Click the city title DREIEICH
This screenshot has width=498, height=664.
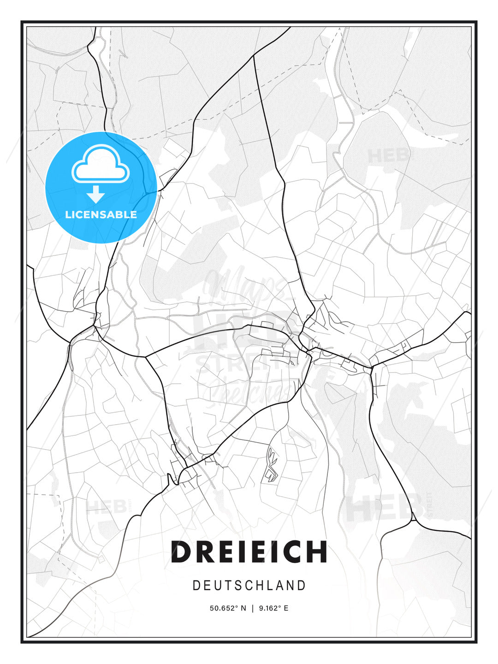249,551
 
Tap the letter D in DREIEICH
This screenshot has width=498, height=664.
181,551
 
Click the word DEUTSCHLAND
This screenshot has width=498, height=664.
249,586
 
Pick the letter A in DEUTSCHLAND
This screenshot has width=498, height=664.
280,586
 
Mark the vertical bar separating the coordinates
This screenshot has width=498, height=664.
252,608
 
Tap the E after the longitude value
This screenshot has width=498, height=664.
286,608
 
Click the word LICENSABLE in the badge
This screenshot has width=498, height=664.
101,214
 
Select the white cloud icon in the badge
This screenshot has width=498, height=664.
100,164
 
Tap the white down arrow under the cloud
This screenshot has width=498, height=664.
96,194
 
